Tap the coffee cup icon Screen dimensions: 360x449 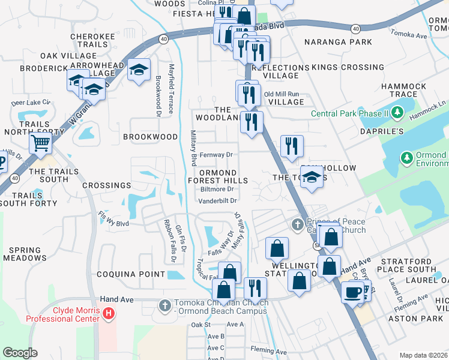pos(352,292)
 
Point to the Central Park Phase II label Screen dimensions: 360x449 pos(348,114)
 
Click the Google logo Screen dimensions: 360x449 pos(20,352)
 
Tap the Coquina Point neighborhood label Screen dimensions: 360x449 pos(131,274)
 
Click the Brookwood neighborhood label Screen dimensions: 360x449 pos(150,137)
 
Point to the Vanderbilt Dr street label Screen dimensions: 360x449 pos(218,201)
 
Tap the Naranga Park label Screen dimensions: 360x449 pos(337,42)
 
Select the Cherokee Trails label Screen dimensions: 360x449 pos(92,41)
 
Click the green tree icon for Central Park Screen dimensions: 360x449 pos(396,112)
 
